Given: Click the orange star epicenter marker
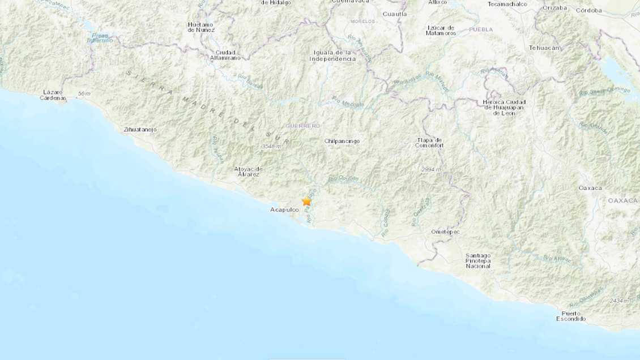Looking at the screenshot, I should coord(306,201).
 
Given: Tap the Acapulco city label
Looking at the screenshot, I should coord(284,209).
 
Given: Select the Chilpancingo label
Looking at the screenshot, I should coord(342,141).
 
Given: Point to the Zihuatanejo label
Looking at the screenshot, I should coord(140,130).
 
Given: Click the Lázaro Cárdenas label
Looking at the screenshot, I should coord(53,95).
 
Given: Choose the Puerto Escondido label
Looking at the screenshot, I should coord(571,316).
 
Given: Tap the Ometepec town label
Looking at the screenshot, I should coord(445,232).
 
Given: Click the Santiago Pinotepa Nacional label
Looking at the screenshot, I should coord(478,260).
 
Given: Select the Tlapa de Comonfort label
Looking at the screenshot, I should coord(429,143).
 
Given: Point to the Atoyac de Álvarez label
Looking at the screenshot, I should coord(248,171).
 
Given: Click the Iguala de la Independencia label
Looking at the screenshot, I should coord(334,55).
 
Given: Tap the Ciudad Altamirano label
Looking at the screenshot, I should coord(225,55).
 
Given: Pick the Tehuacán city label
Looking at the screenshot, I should coord(544,48).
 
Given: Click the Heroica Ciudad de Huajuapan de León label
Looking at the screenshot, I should coord(504,107).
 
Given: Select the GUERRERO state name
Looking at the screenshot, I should coord(303,126).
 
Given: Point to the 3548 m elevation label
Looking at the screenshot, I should coord(271,147).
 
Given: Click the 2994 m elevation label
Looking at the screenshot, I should coord(430,169).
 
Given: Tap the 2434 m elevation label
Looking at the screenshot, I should coord(619,301).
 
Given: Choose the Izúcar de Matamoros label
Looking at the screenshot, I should coord(441,31).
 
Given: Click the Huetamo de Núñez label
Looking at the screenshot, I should coord(200,27).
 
